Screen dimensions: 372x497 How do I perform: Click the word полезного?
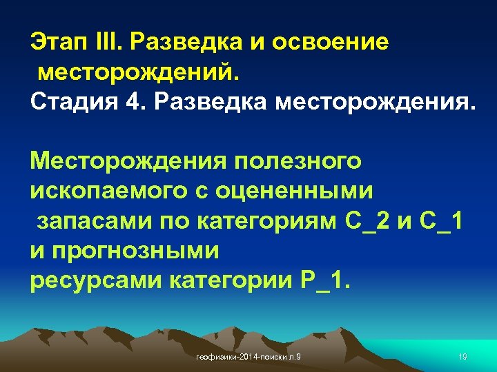[x=298, y=162]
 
